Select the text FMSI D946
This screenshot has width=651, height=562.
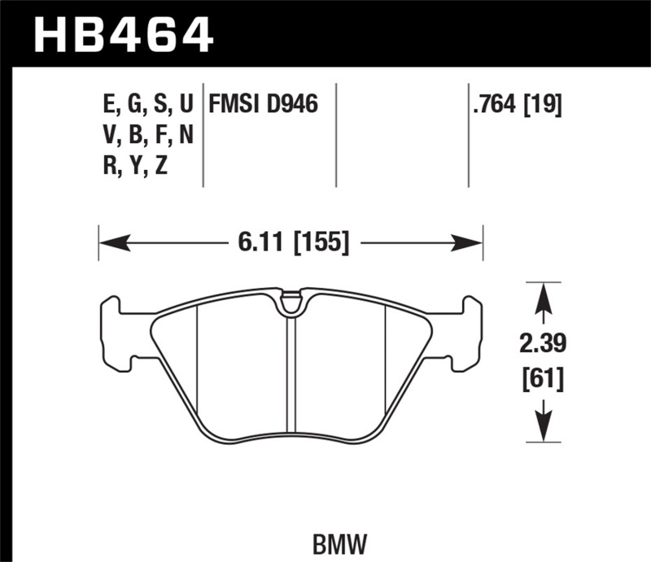[x=263, y=104]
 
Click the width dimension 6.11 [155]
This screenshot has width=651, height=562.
[x=290, y=242]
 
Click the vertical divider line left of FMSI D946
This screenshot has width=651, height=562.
[x=203, y=134]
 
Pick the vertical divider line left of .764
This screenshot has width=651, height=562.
[x=468, y=134]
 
